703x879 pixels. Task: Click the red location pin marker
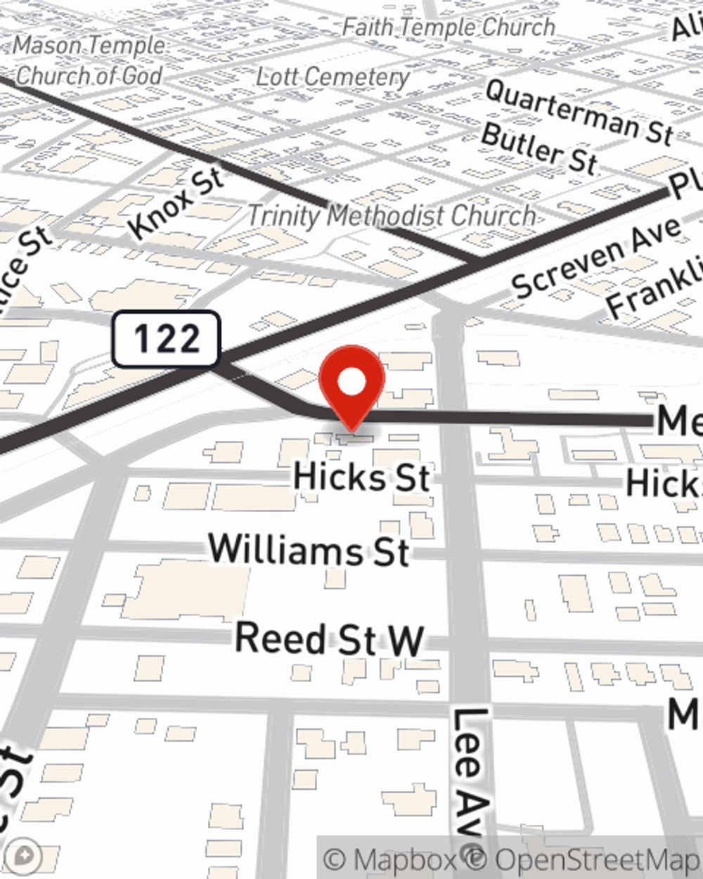pos(351,387)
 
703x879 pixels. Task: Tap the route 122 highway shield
pos(166,339)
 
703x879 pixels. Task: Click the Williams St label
pos(309,549)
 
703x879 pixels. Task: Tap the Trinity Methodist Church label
pos(392,215)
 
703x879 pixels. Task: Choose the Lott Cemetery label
pos(332,76)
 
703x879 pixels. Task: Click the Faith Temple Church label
pos(449,27)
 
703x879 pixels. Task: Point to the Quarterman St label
pos(579,111)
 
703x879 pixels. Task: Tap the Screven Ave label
pos(596,257)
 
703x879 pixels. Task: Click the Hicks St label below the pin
pos(361,477)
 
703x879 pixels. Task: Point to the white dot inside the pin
pos(352,382)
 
